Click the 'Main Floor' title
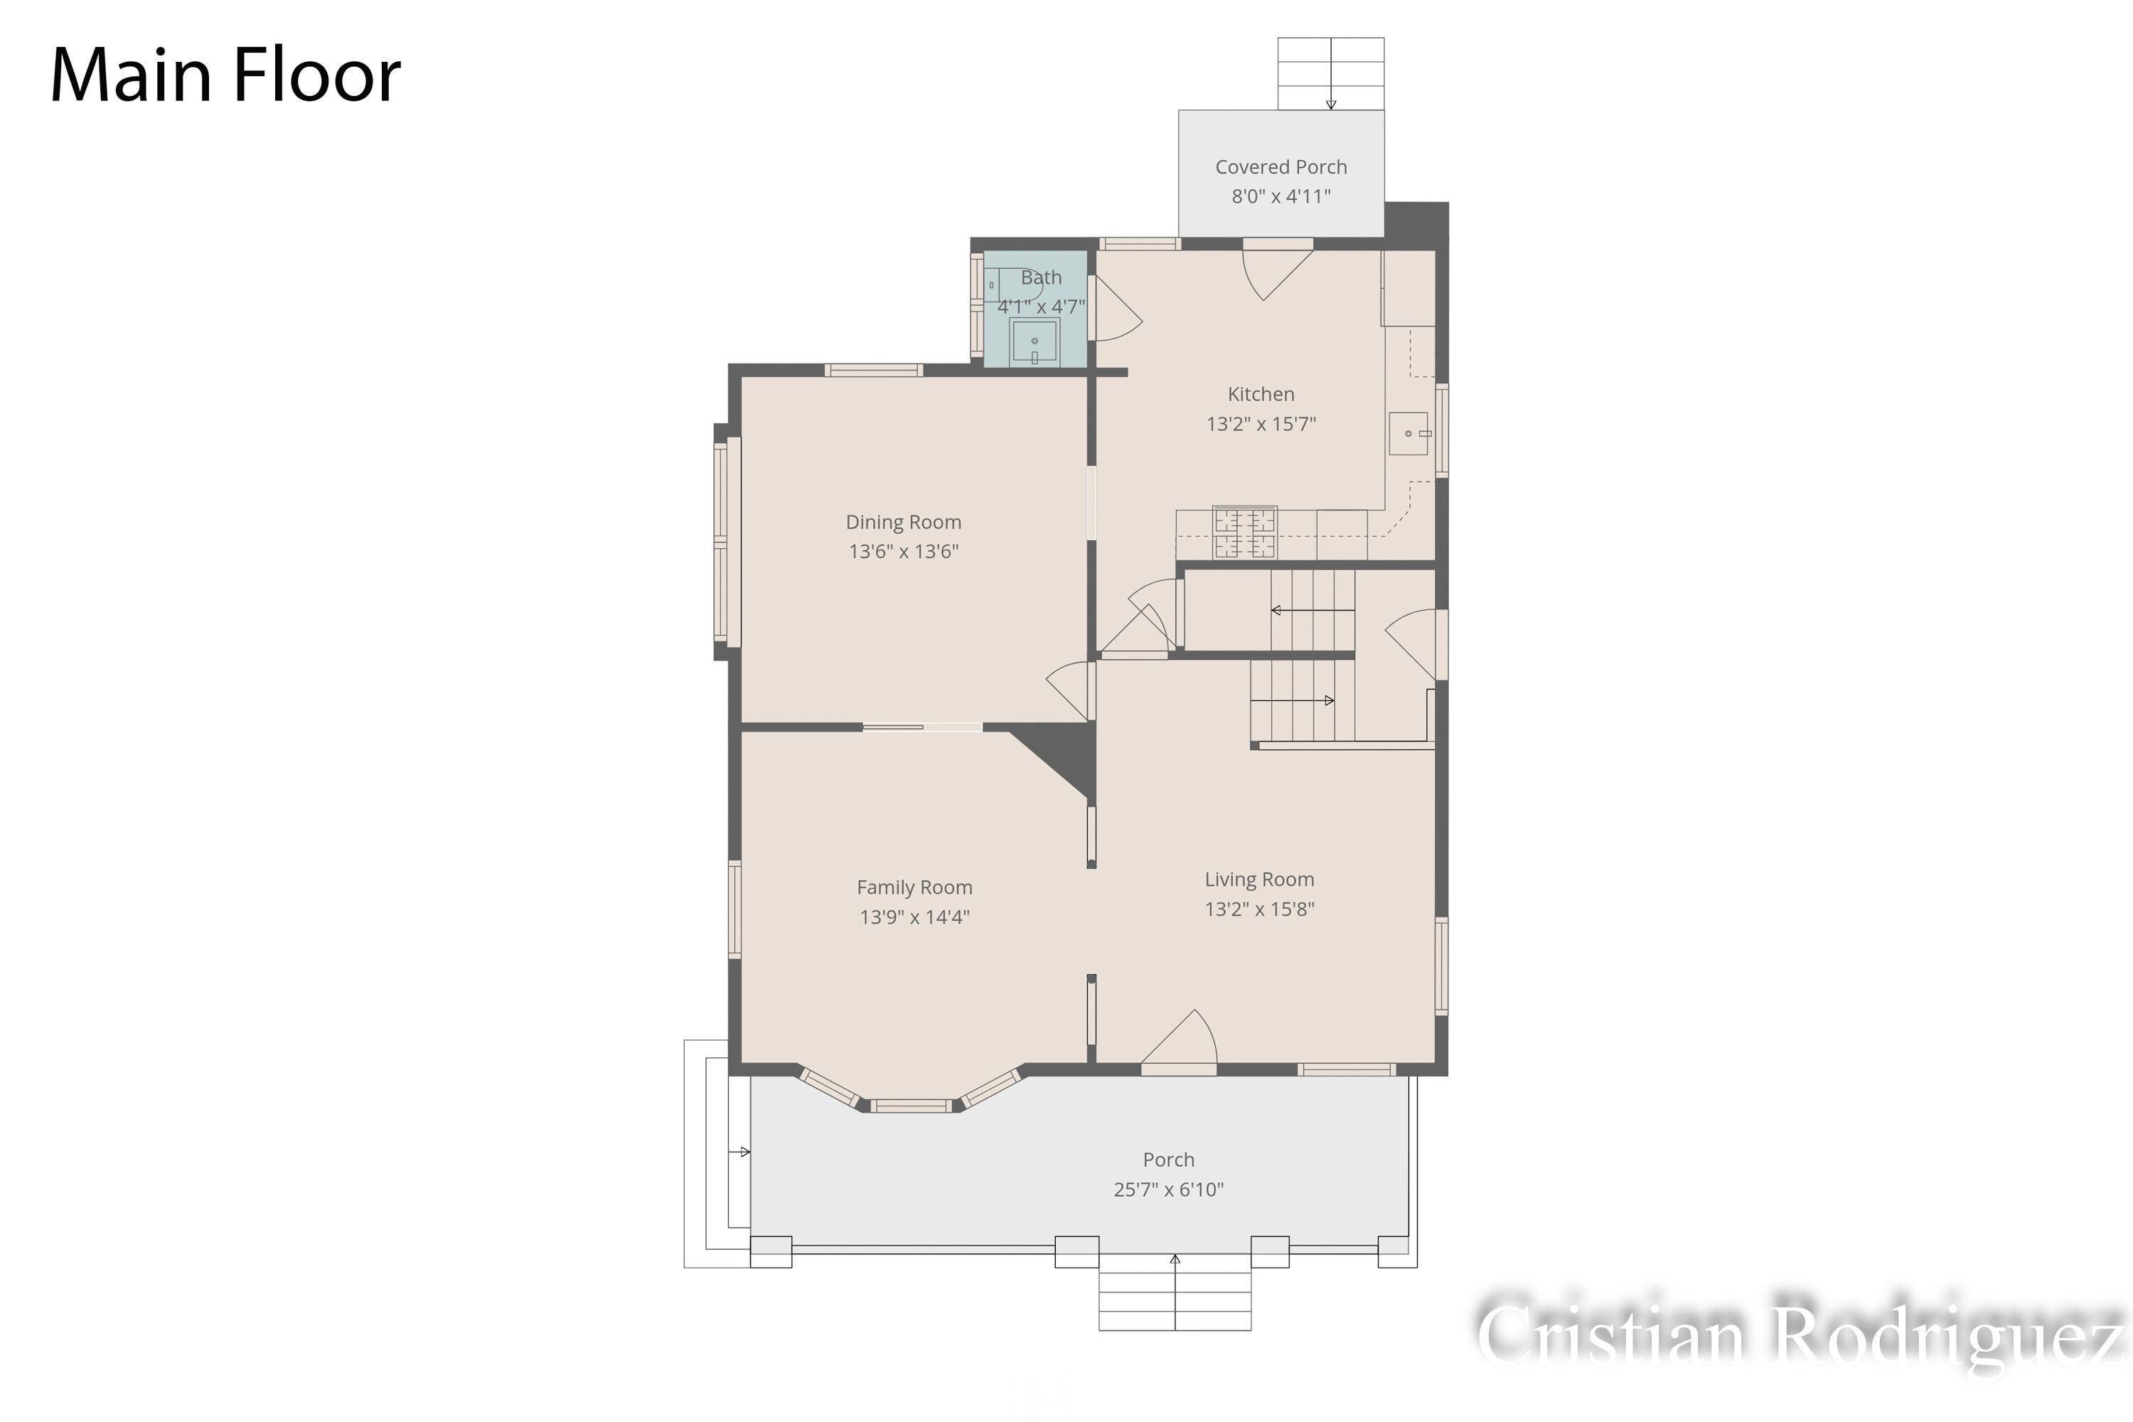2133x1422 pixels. click(x=225, y=75)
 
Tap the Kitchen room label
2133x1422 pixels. click(x=1261, y=395)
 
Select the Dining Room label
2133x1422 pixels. click(x=903, y=523)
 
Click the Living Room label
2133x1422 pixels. click(x=1258, y=880)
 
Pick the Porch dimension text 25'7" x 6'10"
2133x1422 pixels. click(x=1168, y=1190)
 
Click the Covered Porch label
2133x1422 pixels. click(x=1281, y=167)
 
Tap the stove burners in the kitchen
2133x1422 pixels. click(x=1244, y=533)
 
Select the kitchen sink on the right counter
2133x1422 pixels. click(x=1408, y=434)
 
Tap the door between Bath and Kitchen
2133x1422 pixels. click(x=1117, y=309)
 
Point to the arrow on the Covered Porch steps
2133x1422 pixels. click(x=1331, y=73)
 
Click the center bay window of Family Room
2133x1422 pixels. click(x=911, y=1105)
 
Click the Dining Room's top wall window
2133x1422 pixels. click(x=873, y=370)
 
